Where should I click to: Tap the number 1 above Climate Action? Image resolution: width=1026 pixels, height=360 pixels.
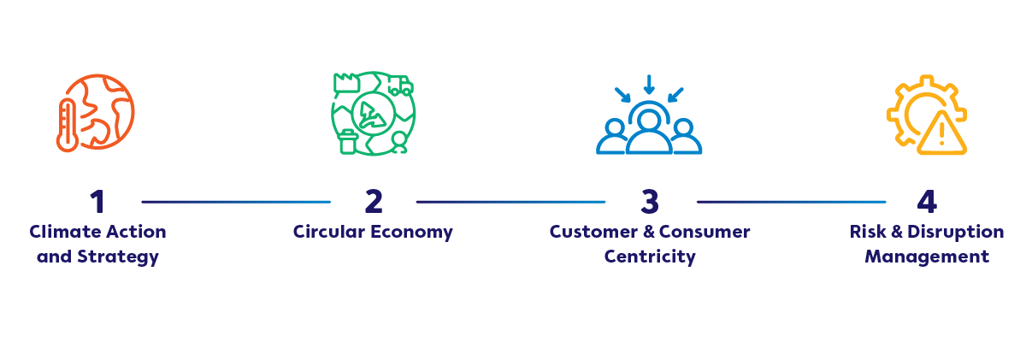coord(97,202)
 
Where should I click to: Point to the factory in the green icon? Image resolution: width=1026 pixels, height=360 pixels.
coord(344,84)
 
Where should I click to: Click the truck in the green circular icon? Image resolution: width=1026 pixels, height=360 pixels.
coord(399,86)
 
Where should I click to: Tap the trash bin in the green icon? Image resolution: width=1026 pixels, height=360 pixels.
coord(348,142)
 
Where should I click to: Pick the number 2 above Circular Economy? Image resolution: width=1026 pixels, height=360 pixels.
coord(374,202)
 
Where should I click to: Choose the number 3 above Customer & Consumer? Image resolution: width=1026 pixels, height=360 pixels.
coord(650,202)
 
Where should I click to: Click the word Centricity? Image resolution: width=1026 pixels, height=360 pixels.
coord(650,257)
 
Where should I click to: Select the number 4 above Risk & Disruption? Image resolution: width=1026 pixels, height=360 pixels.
coord(927,202)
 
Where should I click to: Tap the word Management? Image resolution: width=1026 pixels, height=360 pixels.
coord(927,257)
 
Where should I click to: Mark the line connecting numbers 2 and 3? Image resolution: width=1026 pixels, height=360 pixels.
coord(511,202)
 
